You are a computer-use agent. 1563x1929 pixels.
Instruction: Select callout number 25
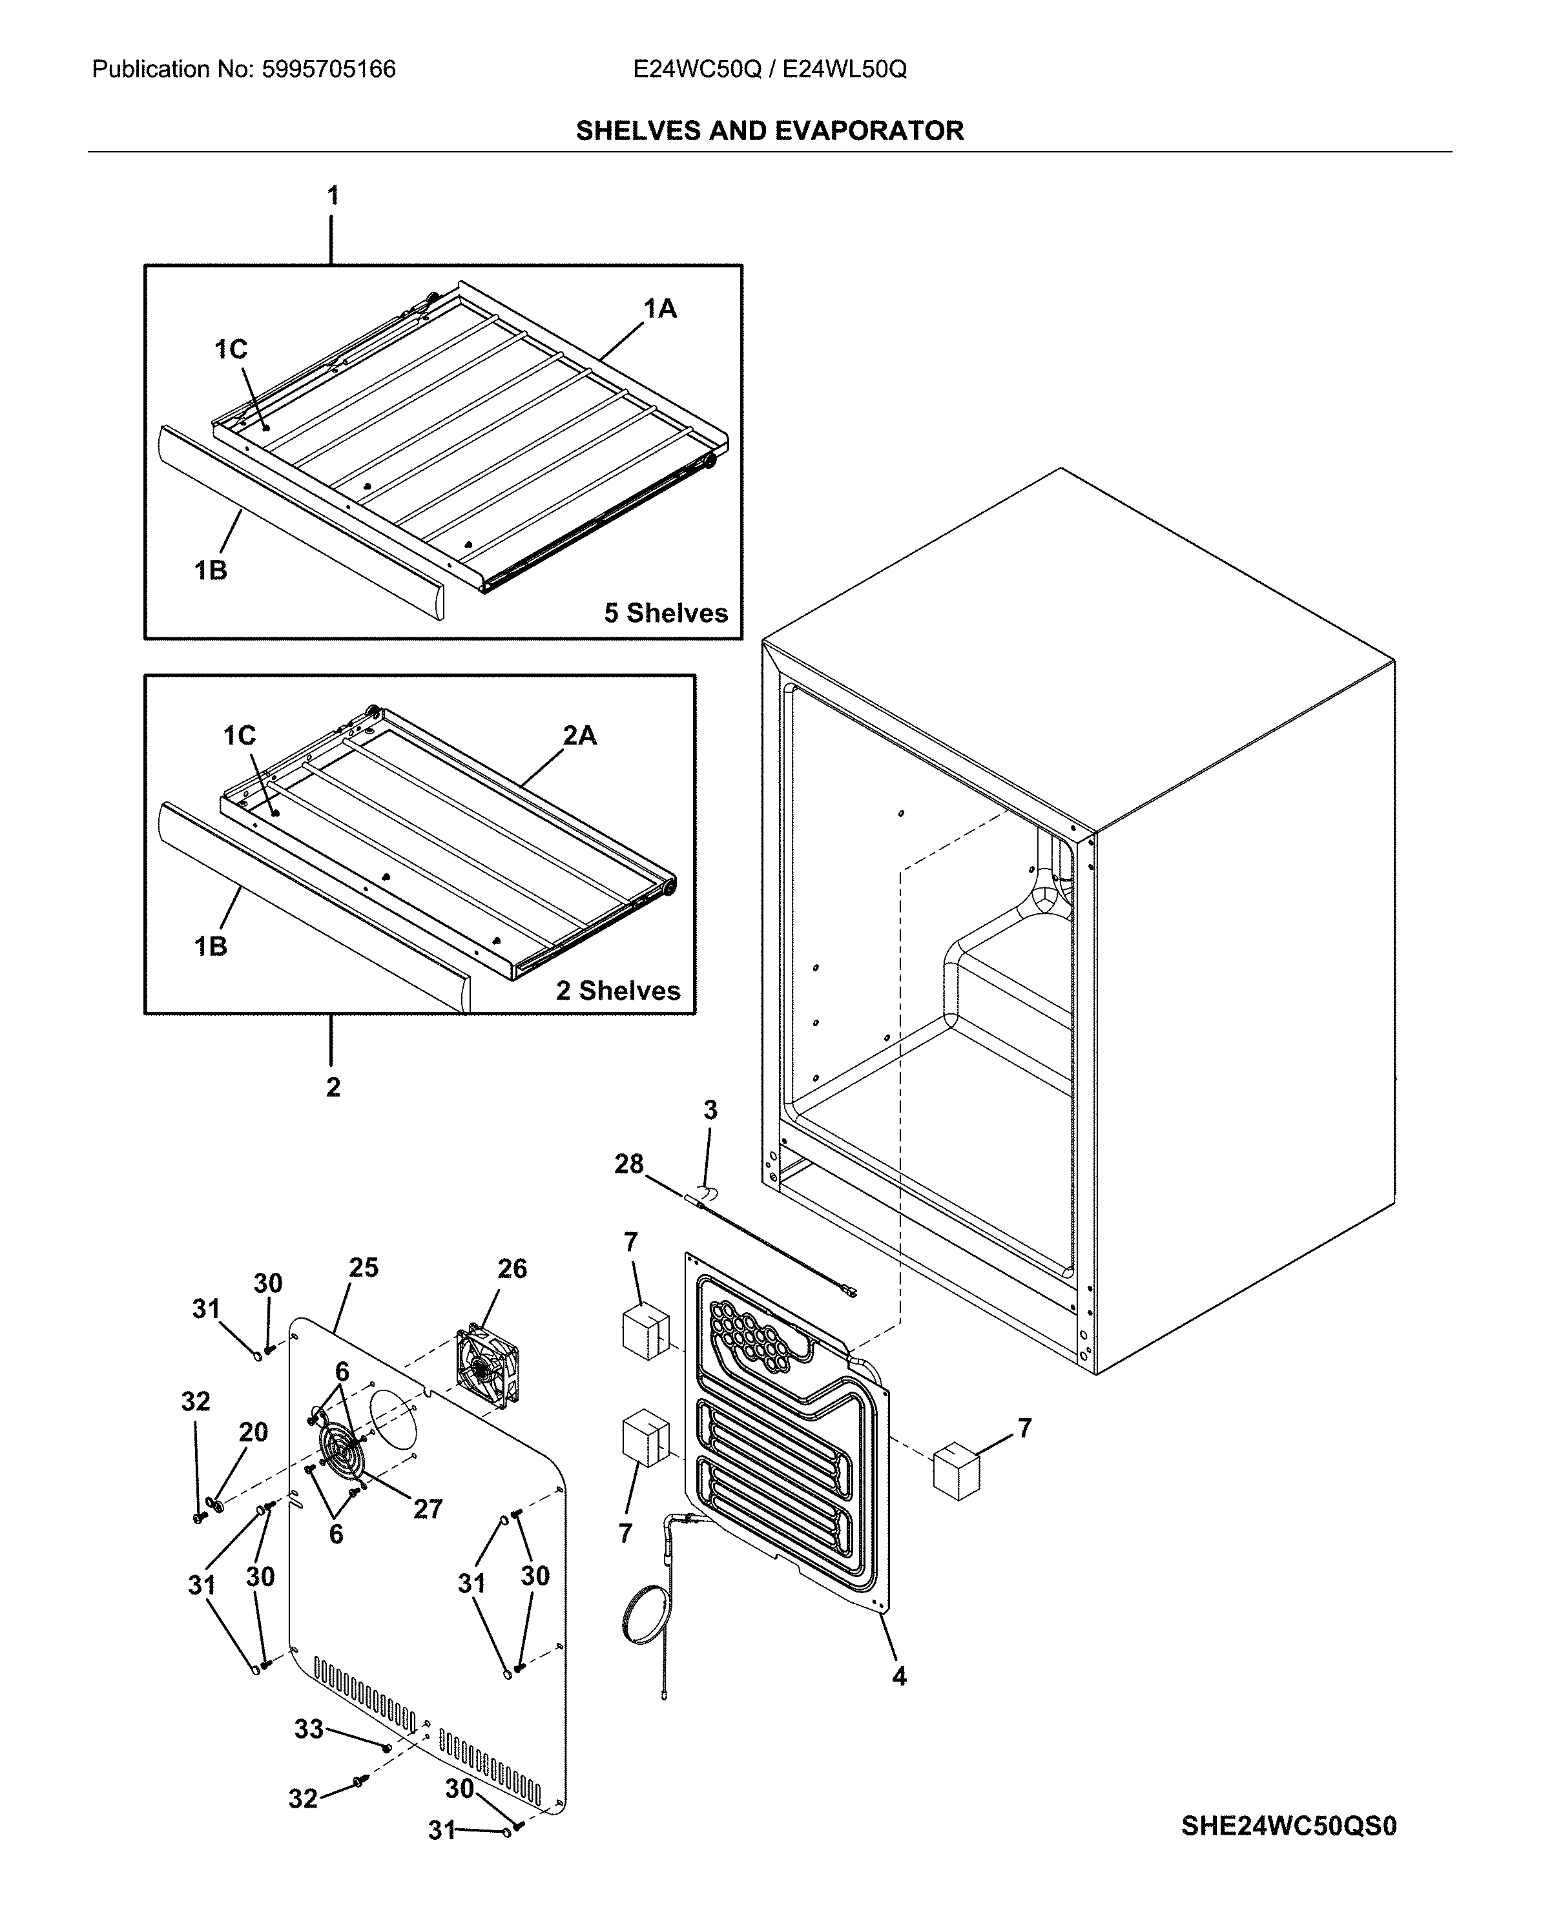point(364,1268)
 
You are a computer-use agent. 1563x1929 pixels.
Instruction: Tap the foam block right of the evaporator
point(955,1472)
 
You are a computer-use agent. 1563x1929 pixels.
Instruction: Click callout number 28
point(628,1164)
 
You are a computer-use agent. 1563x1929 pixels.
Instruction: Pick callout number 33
point(309,1728)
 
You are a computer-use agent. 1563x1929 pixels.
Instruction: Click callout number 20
point(253,1432)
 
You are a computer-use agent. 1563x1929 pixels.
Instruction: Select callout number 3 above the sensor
point(710,1111)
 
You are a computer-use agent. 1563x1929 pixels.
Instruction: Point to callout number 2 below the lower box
point(333,1088)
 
